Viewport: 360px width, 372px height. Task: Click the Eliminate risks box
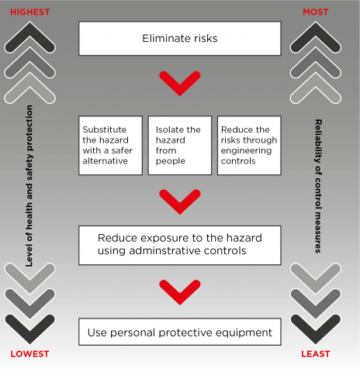pyautogui.click(x=179, y=38)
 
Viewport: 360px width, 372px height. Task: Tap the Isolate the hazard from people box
pyautogui.click(x=179, y=145)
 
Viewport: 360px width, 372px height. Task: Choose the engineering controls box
pyautogui.click(x=248, y=145)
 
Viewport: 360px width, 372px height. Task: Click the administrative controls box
pyautogui.click(x=179, y=245)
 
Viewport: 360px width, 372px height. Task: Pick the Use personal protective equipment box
pyautogui.click(x=179, y=332)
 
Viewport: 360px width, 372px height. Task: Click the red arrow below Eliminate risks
pyautogui.click(x=179, y=83)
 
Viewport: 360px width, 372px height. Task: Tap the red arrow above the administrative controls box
pyautogui.click(x=179, y=201)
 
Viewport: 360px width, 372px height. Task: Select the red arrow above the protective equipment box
pyautogui.click(x=179, y=291)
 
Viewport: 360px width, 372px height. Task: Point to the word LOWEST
pyautogui.click(x=29, y=354)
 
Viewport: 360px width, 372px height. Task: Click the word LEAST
pyautogui.click(x=314, y=354)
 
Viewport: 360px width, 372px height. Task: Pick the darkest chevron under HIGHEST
pyautogui.click(x=29, y=36)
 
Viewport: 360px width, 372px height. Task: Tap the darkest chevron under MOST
pyautogui.click(x=315, y=36)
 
